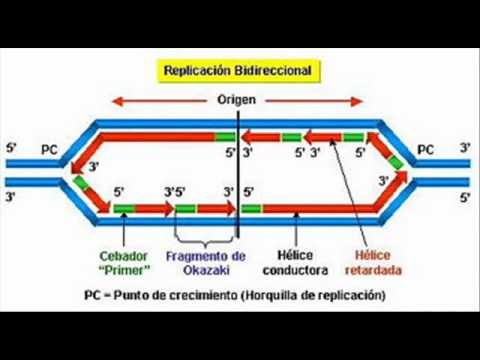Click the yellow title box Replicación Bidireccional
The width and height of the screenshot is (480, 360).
239,71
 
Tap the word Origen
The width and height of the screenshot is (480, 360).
236,100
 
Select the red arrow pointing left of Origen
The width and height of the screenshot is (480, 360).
159,101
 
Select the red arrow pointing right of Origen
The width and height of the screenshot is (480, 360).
314,101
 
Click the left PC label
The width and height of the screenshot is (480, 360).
49,150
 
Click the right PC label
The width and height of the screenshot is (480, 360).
426,150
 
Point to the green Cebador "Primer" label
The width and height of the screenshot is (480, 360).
124,263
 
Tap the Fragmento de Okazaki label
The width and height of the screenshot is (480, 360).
206,263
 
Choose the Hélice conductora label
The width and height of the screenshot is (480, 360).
295,263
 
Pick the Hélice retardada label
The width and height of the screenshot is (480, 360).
373,263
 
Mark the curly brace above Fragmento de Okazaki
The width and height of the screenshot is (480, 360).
205,241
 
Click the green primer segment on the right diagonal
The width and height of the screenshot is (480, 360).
396,162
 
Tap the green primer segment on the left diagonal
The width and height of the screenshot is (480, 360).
81,183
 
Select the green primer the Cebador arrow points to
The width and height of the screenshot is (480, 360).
124,209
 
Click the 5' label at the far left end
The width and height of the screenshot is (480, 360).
11,148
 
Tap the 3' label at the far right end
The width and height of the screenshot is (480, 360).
465,148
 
